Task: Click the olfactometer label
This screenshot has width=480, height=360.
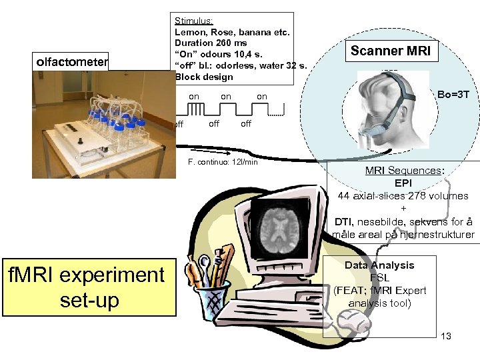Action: point(71,62)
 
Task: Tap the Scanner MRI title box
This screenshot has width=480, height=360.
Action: point(391,51)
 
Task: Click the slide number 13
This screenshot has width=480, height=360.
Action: point(446,336)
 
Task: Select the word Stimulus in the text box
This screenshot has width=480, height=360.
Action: point(193,21)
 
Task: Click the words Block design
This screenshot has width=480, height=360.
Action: point(204,77)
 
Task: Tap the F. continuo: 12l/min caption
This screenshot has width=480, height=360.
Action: point(223,162)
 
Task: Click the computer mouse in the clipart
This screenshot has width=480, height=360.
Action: point(353,324)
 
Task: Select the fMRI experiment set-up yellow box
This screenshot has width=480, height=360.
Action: point(89,287)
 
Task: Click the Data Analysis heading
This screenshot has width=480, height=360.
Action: point(379,265)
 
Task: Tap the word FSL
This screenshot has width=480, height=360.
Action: point(379,278)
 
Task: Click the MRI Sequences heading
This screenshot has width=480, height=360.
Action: point(405,171)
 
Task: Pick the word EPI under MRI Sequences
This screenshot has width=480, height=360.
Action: point(403,183)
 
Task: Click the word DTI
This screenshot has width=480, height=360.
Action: point(343,221)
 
